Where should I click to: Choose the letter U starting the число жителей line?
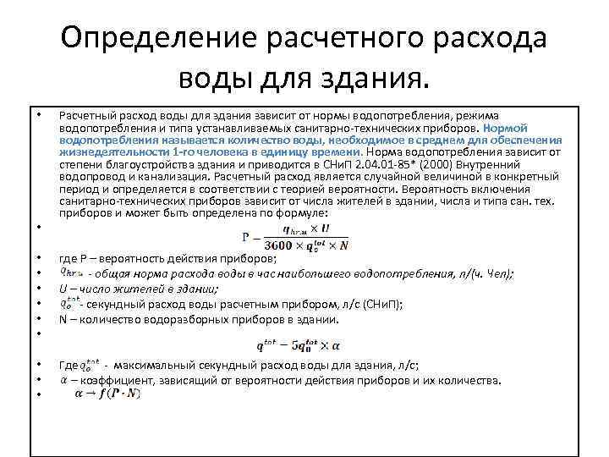click(x=63, y=289)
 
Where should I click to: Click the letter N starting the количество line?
click(x=63, y=319)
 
